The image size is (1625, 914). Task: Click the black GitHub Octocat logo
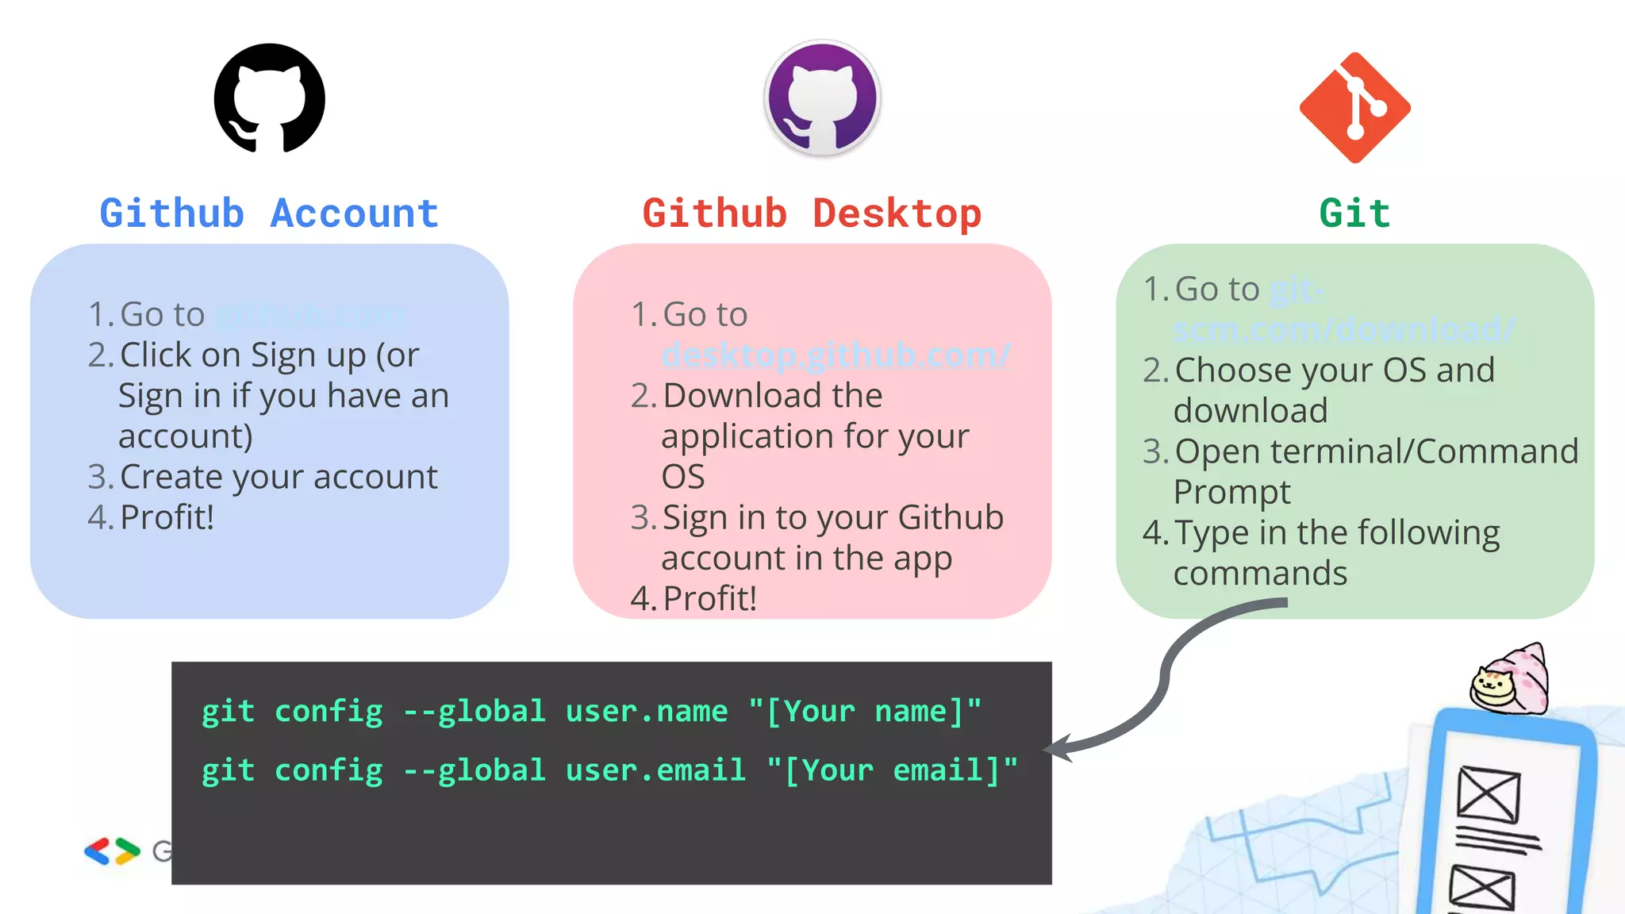(270, 98)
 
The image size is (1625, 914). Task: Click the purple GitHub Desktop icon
(822, 98)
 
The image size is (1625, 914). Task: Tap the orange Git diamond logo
(1354, 108)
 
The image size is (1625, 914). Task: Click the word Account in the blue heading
(354, 213)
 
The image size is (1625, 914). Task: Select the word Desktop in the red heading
(897, 213)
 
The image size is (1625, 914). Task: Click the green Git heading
(1354, 213)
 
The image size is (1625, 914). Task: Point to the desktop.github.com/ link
(836, 355)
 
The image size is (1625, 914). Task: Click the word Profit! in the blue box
(167, 517)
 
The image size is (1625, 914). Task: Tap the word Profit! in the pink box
(709, 598)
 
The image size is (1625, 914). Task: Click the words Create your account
(279, 477)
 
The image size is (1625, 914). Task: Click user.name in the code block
(646, 711)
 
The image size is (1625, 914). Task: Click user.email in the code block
(655, 770)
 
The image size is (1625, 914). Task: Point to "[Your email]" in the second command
(892, 770)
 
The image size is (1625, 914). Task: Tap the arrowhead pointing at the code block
(1058, 748)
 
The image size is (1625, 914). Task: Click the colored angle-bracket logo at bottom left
(112, 851)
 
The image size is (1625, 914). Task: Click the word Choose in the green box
(1233, 371)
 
